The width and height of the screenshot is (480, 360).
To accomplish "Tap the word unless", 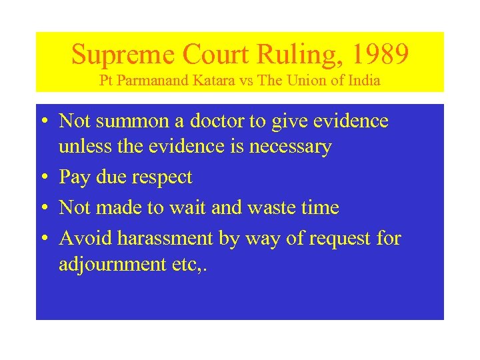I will [x=80, y=146].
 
